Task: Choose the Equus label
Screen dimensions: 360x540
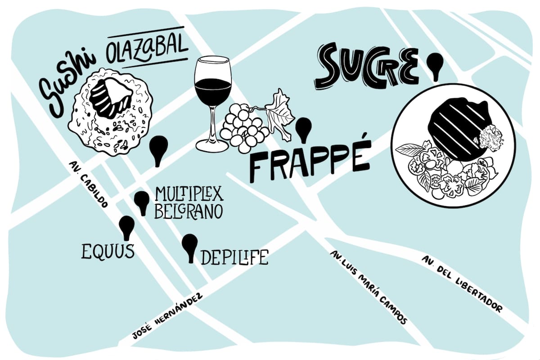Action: (108, 252)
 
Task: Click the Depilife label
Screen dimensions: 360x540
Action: (234, 257)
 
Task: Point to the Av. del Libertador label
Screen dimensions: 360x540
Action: (462, 284)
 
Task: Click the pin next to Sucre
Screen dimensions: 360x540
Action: (435, 66)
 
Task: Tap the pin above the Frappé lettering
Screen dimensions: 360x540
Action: (304, 128)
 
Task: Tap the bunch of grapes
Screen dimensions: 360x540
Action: (243, 126)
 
